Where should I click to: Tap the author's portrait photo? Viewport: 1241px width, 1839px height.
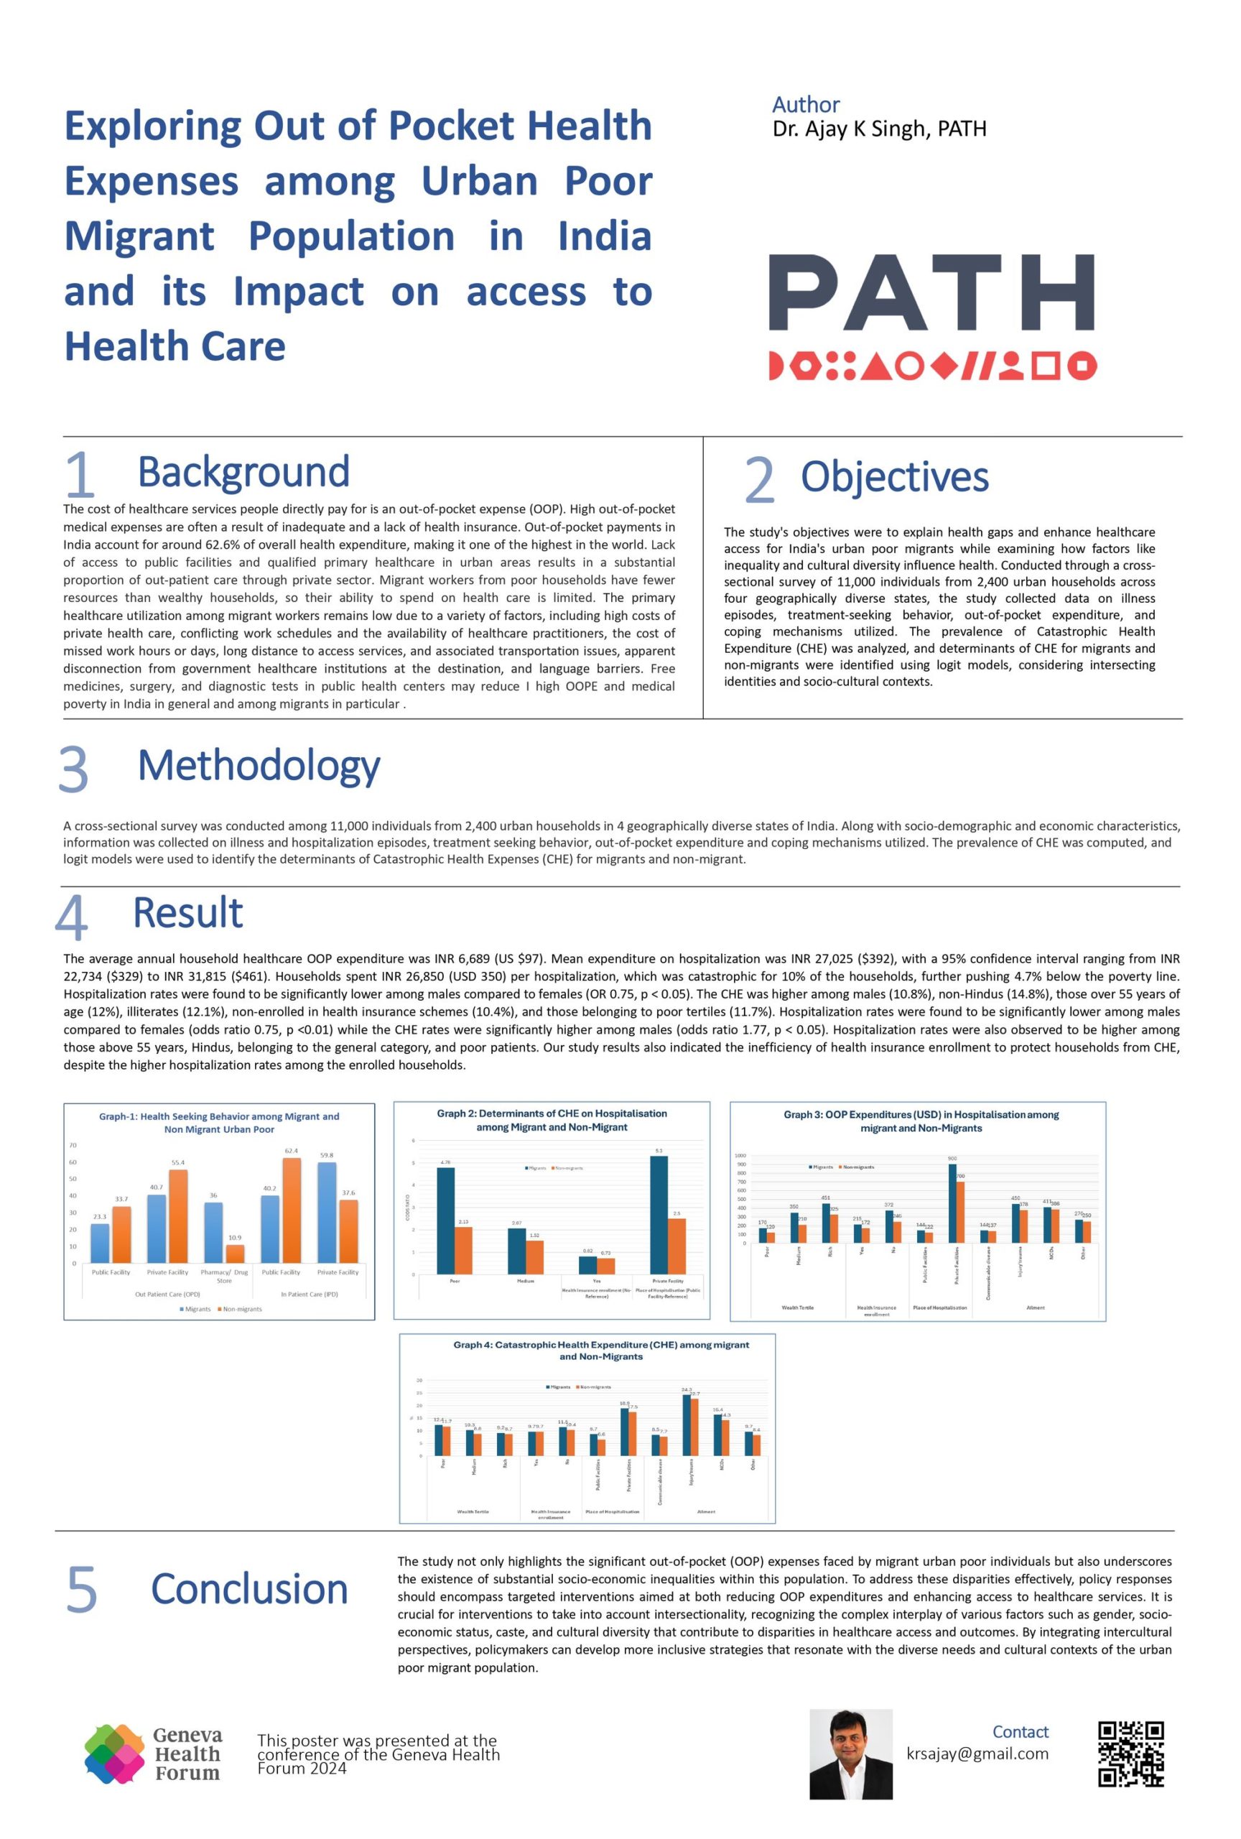(850, 1754)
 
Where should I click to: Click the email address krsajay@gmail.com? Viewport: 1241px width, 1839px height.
(977, 1753)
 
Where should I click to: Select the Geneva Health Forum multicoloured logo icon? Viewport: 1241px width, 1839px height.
(114, 1753)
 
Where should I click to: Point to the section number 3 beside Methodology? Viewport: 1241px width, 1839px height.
(73, 769)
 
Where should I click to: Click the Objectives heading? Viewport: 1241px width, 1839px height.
(894, 477)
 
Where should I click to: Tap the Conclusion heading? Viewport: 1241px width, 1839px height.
(249, 1589)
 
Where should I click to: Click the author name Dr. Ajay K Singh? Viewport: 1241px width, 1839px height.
(879, 129)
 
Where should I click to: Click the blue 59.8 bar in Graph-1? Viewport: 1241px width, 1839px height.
(327, 1213)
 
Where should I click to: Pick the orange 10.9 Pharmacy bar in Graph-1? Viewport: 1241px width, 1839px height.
(235, 1254)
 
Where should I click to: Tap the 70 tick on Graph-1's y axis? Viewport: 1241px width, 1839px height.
(73, 1145)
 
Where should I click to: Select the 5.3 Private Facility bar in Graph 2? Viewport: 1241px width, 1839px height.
(658, 1215)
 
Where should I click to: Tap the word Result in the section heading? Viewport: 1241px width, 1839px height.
(187, 912)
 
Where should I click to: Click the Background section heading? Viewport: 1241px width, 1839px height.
(243, 472)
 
